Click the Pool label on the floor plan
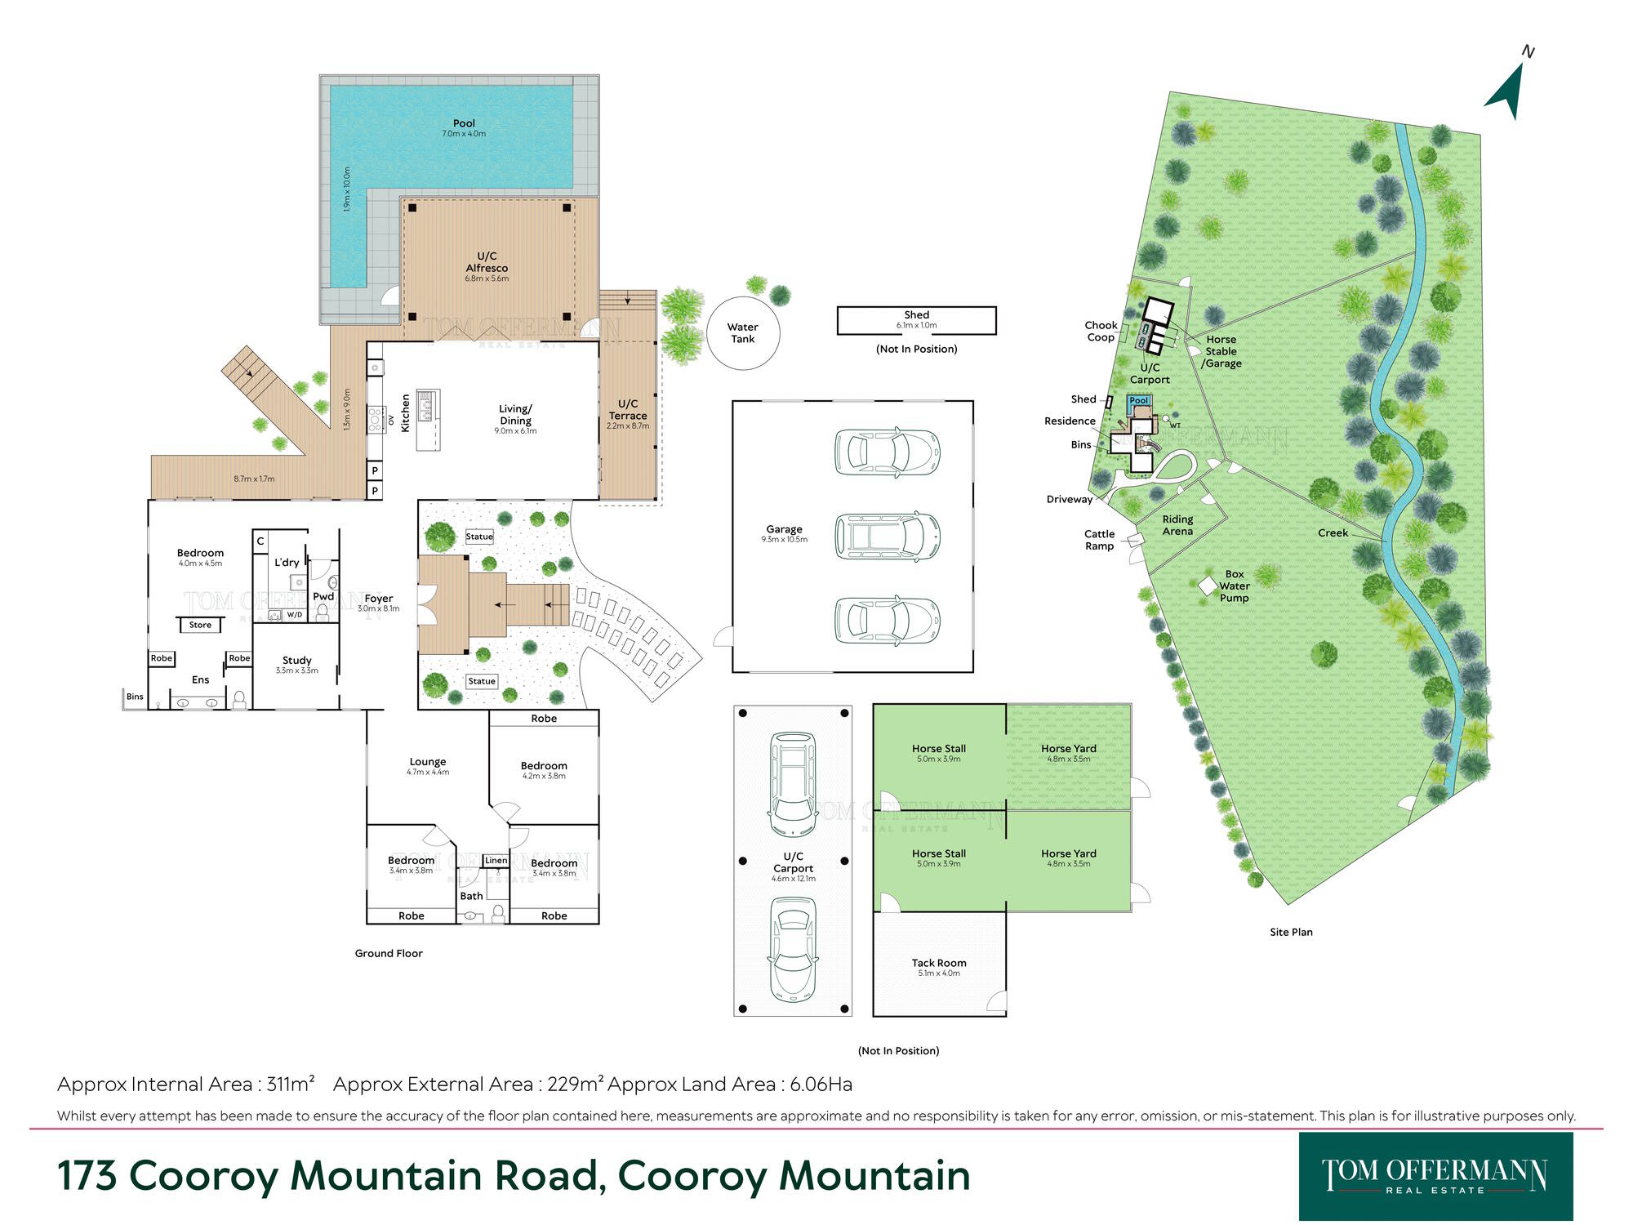[464, 123]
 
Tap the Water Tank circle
[743, 296]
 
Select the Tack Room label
[939, 963]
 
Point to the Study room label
[297, 660]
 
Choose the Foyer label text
[379, 599]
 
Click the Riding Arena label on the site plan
[1177, 525]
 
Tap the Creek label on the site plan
[1333, 532]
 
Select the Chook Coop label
[1101, 331]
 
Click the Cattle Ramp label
[1099, 540]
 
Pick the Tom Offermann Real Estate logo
[1435, 1176]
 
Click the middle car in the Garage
[888, 537]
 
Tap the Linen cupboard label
[496, 860]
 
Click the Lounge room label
[428, 761]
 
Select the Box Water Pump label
[1235, 586]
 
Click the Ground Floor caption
[389, 953]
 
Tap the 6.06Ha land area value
[821, 1084]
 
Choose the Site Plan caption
[1291, 932]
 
